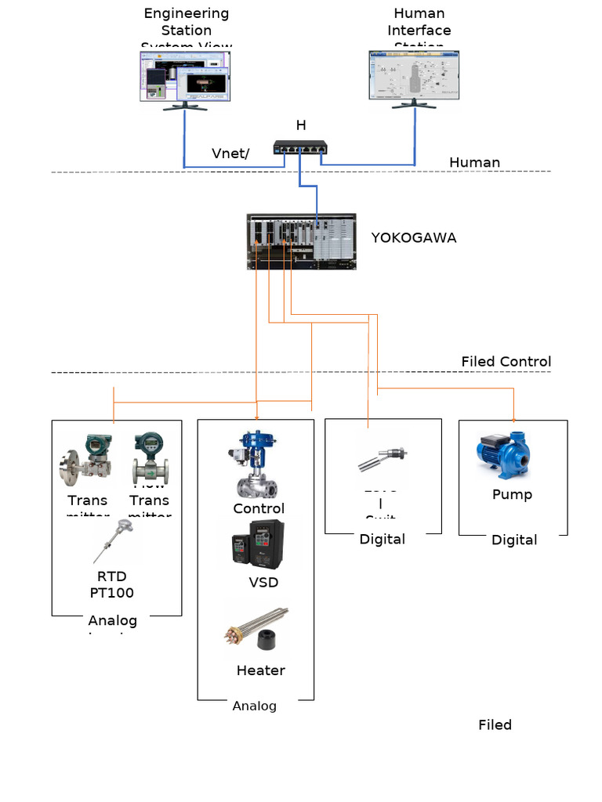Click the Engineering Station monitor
click(x=186, y=76)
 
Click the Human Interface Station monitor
click(x=414, y=77)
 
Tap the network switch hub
click(x=300, y=147)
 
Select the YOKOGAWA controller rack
click(x=301, y=241)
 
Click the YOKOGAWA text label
click(x=413, y=237)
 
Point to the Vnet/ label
click(x=230, y=154)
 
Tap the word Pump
click(x=512, y=494)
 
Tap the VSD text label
click(x=263, y=582)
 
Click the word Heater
click(x=260, y=670)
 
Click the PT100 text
click(x=112, y=593)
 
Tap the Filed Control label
click(x=506, y=361)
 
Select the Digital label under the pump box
click(x=514, y=540)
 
